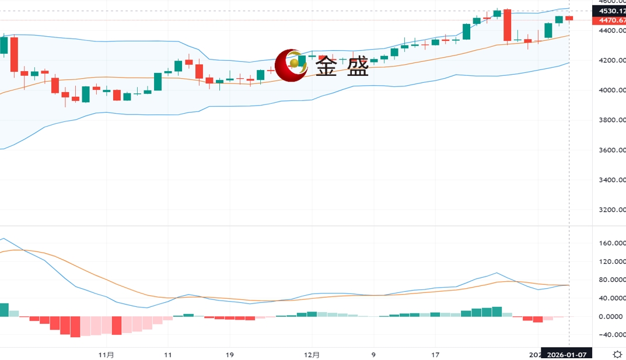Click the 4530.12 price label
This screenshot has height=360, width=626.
pyautogui.click(x=608, y=11)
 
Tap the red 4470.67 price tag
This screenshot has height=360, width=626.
pyautogui.click(x=608, y=20)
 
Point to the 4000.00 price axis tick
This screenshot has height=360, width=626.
pyautogui.click(x=610, y=90)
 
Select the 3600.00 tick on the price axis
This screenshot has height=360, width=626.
pyautogui.click(x=610, y=150)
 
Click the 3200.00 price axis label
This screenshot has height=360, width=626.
pyautogui.click(x=610, y=210)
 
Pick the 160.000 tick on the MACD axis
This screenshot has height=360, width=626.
pyautogui.click(x=610, y=243)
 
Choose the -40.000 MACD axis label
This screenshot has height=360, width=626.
pyautogui.click(x=610, y=335)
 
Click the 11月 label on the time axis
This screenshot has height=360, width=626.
pyautogui.click(x=106, y=354)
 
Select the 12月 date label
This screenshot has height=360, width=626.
pyautogui.click(x=312, y=354)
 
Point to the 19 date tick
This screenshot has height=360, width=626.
pyautogui.click(x=229, y=354)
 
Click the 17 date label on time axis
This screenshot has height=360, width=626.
pyautogui.click(x=435, y=354)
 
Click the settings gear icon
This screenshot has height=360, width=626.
pyautogui.click(x=617, y=354)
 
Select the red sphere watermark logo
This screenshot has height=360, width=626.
pyautogui.click(x=291, y=65)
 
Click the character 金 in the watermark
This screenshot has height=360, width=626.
pyautogui.click(x=326, y=68)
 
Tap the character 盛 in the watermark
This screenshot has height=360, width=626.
pyautogui.click(x=358, y=68)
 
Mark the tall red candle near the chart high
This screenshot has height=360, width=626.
pyautogui.click(x=508, y=25)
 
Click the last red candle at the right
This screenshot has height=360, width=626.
pyautogui.click(x=569, y=19)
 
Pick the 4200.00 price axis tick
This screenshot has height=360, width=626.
pyautogui.click(x=610, y=61)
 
